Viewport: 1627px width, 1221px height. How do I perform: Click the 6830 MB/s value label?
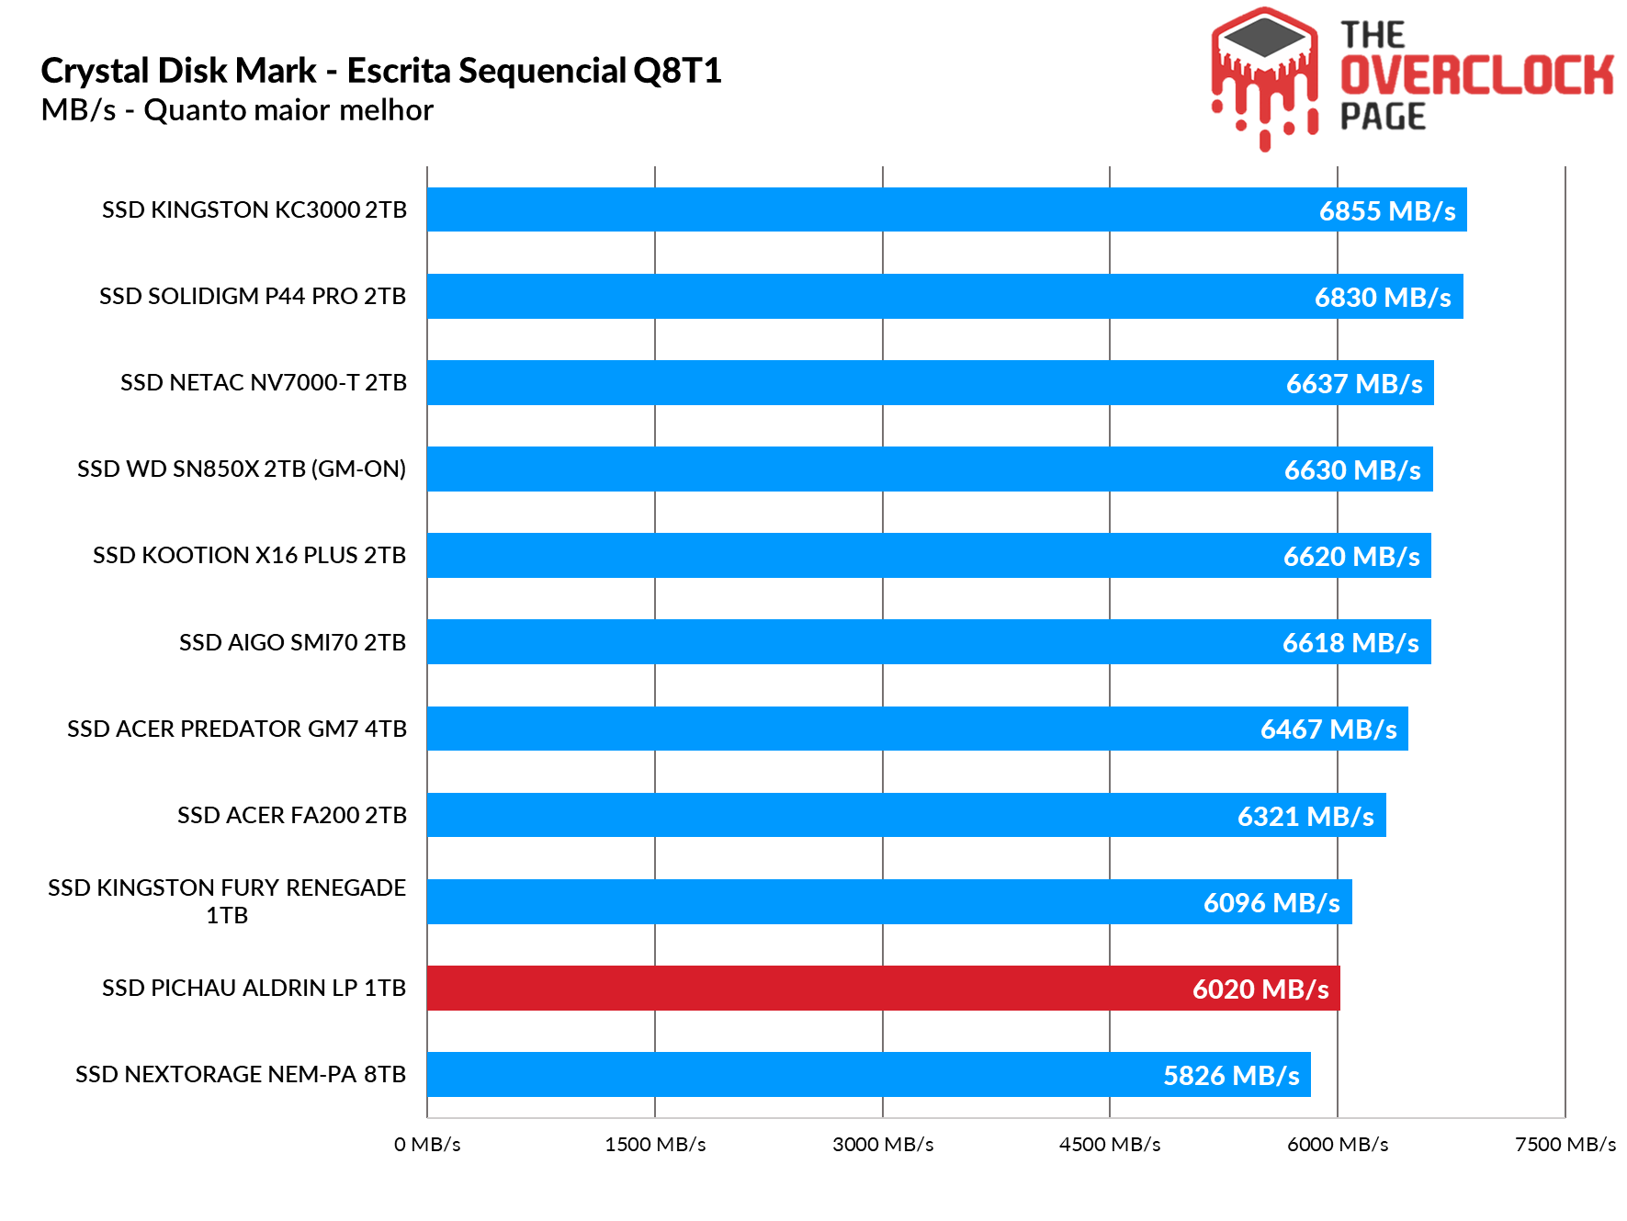coord(1383,298)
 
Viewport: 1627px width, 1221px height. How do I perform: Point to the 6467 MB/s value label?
coord(1328,729)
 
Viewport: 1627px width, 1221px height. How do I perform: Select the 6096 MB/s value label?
coord(1271,903)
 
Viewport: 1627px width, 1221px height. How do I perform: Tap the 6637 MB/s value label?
coord(1354,384)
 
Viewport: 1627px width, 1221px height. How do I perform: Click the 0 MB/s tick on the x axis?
coord(427,1145)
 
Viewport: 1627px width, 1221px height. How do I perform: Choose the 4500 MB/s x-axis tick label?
coord(1110,1145)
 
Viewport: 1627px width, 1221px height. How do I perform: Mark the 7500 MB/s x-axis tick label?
coord(1565,1145)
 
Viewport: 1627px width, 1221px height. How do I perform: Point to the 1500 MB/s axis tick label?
coord(655,1145)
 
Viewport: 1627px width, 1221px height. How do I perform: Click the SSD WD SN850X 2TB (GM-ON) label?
coord(242,469)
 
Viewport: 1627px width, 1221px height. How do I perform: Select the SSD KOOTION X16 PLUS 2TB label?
coord(249,556)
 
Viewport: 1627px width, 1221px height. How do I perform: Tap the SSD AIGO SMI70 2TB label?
coord(292,642)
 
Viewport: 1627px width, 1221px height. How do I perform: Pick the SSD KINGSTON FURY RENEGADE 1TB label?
coord(227,901)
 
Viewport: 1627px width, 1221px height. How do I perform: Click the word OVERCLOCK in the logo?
coord(1475,75)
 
